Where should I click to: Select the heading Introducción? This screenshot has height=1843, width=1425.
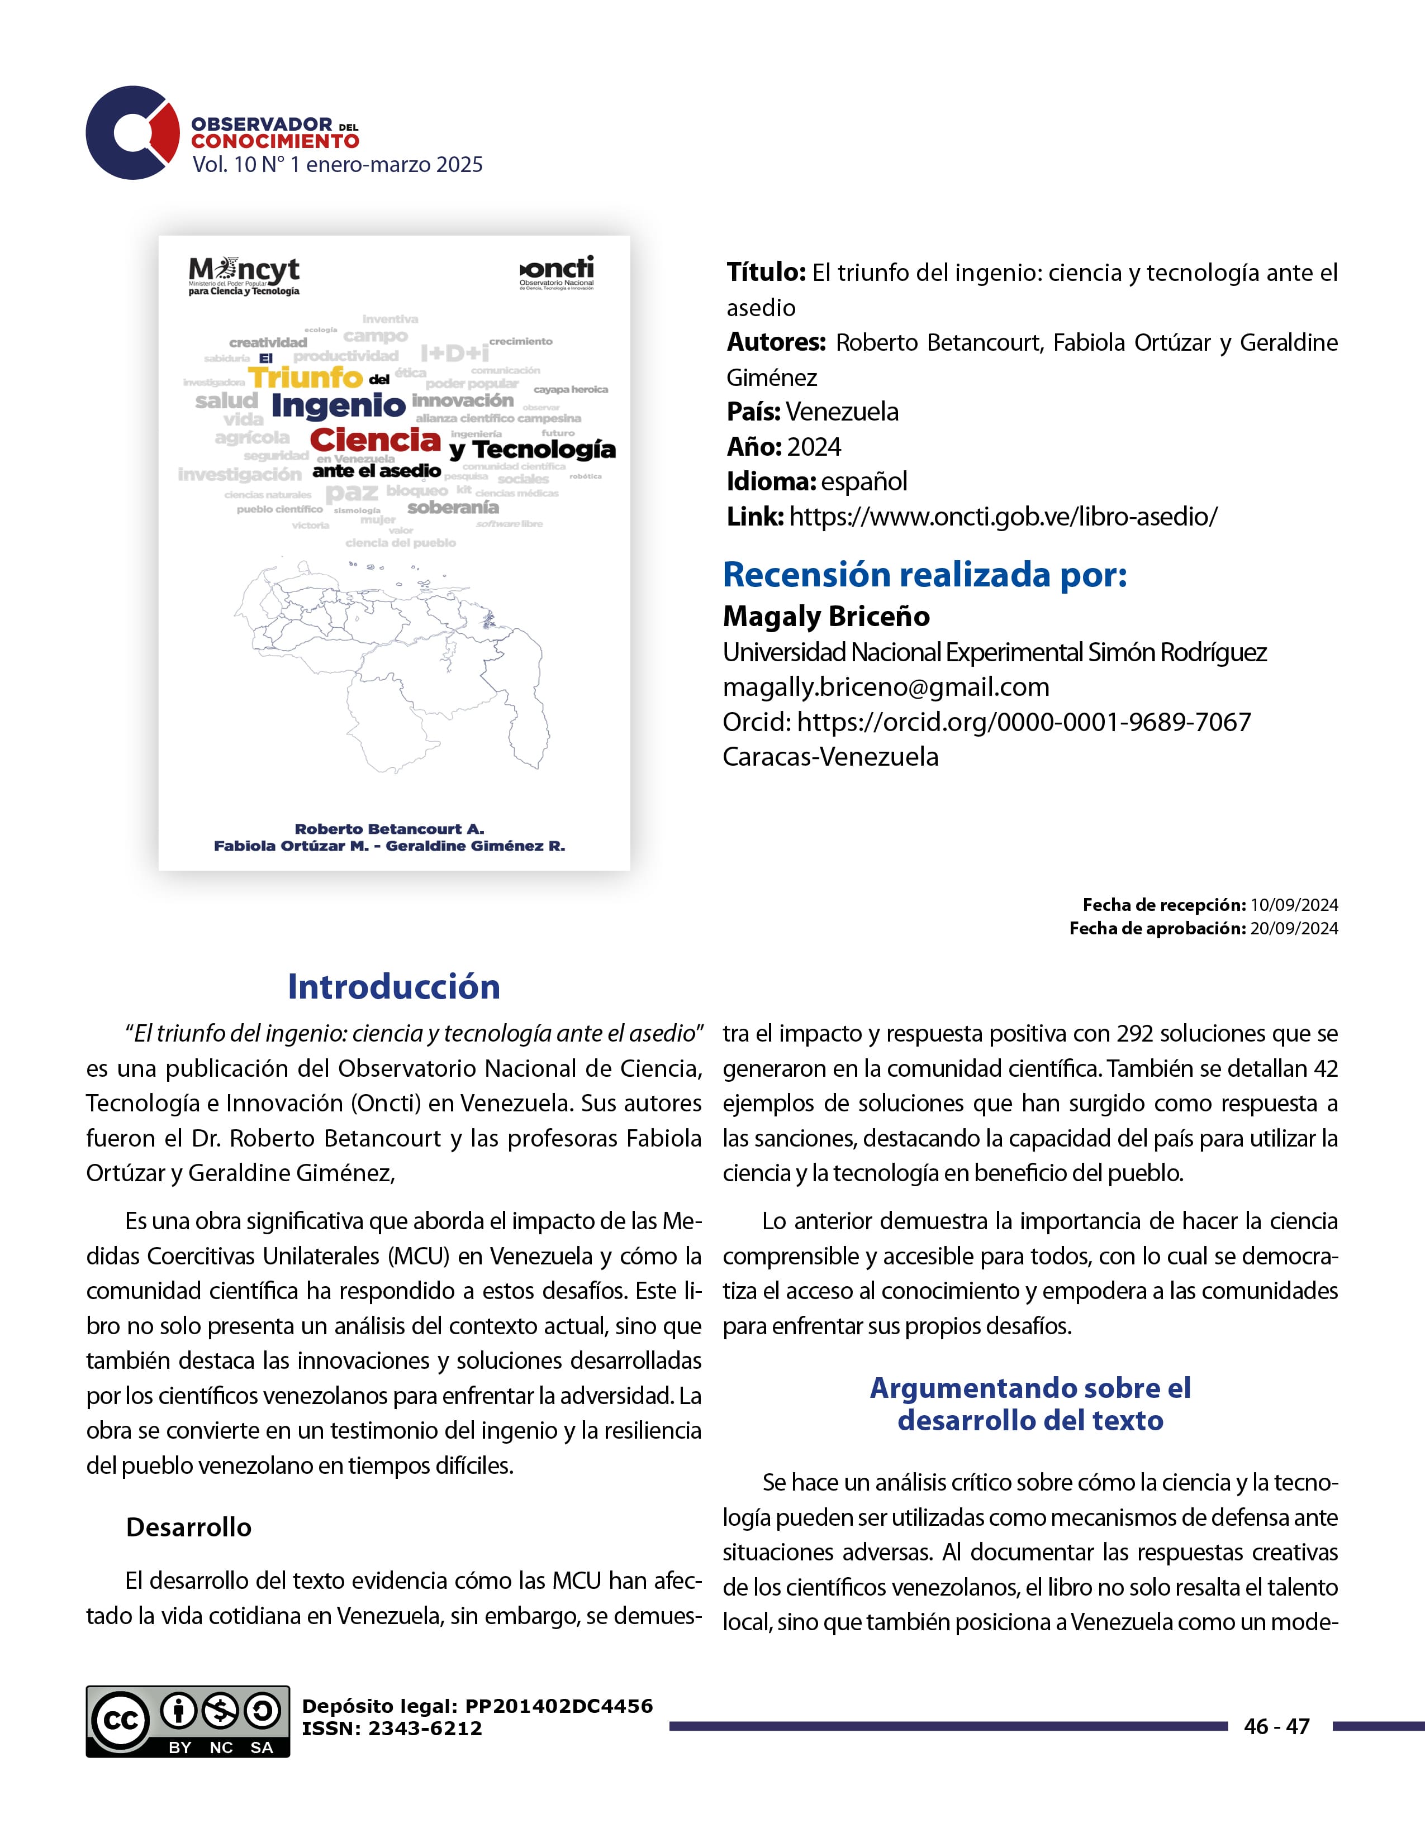click(393, 986)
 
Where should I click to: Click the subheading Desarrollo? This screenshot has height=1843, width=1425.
click(188, 1527)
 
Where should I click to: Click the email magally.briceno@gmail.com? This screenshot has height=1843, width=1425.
click(886, 687)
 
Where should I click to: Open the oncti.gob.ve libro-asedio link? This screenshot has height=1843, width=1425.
click(1003, 517)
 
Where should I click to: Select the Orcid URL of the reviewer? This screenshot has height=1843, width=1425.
click(1023, 722)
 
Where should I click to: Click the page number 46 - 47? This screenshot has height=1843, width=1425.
click(1276, 1726)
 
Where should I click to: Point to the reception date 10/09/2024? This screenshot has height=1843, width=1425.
click(1293, 905)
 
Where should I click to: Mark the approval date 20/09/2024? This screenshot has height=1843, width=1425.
click(1293, 928)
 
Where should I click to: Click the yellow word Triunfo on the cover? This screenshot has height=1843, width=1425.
click(306, 377)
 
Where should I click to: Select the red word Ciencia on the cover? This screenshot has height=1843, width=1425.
click(375, 440)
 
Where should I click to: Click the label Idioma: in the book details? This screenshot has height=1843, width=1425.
click(771, 482)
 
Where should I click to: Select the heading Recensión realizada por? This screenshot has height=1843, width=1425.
click(924, 575)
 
